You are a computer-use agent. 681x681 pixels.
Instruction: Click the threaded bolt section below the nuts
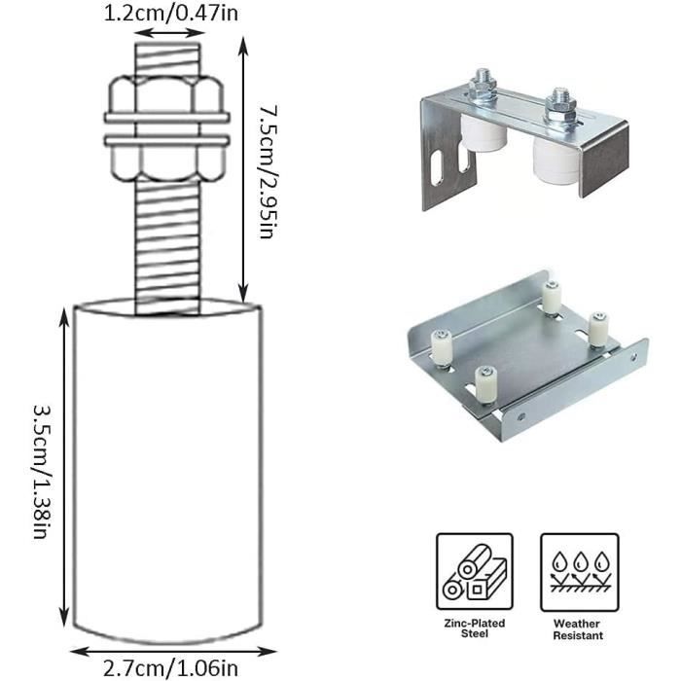167,243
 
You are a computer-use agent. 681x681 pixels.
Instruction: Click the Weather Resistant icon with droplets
579,571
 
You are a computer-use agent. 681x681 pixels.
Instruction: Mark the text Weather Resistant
579,627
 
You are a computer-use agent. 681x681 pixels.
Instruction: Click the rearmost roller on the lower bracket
552,297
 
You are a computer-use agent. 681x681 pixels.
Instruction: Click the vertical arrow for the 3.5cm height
64,467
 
